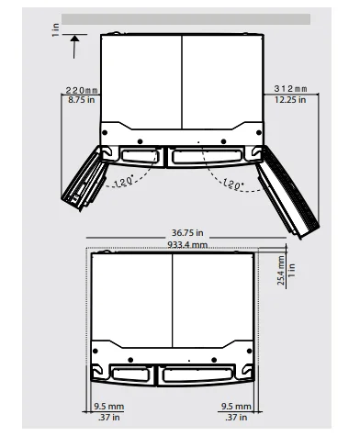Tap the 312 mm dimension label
[290, 89]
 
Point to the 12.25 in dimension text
[290, 99]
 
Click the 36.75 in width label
[174, 233]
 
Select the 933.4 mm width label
[174, 245]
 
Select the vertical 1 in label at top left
[54, 31]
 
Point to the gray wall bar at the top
[184, 17]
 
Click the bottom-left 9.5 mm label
[108, 404]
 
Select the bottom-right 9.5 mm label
[238, 404]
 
